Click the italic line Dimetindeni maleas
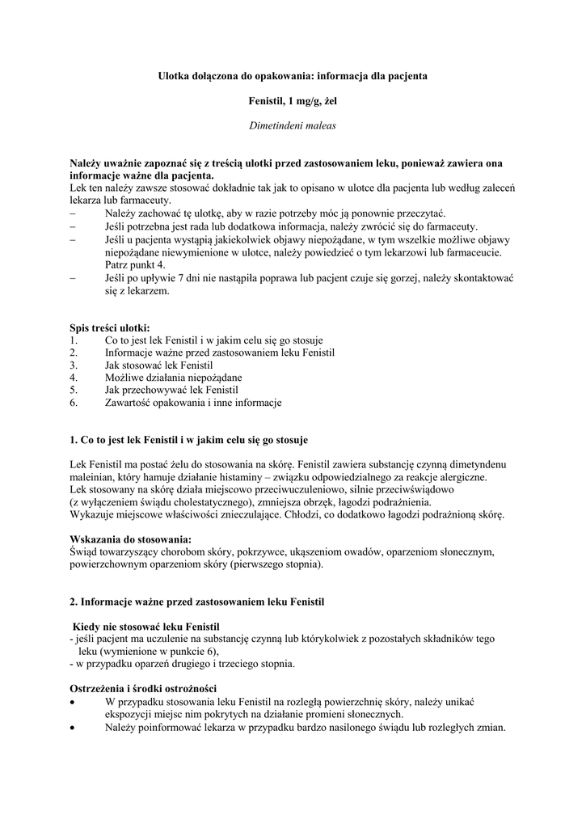point(292,126)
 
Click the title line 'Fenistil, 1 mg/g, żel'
point(292,101)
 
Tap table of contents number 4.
point(74,377)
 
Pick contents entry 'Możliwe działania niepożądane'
point(173,377)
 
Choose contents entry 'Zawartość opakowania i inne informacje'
point(193,402)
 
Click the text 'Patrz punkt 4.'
point(135,264)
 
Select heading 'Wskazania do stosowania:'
point(131,539)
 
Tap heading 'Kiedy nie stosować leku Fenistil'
point(146,627)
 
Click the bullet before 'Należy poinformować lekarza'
point(74,727)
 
